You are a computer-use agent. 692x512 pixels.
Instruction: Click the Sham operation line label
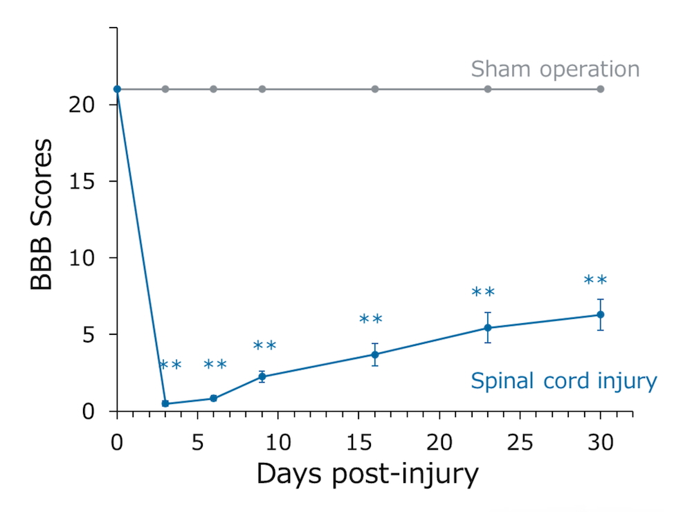pos(555,69)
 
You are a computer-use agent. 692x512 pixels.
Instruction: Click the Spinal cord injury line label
pos(563,381)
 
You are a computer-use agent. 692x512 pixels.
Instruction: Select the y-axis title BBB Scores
pos(42,214)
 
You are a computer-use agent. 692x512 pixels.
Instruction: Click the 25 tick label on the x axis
pos(520,440)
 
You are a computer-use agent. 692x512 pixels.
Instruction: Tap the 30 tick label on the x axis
pos(600,440)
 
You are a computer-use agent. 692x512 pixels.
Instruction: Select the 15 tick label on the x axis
pos(358,440)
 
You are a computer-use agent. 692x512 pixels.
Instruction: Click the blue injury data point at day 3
pos(165,403)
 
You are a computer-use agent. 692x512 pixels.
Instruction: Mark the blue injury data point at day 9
pos(262,376)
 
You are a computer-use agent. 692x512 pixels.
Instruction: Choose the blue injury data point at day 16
pos(375,354)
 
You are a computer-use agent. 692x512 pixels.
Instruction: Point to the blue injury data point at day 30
pos(601,315)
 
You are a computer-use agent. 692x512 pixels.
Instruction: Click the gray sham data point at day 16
pos(375,89)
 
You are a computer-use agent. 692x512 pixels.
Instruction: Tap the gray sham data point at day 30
pos(601,89)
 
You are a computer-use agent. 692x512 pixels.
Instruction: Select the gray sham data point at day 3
pos(165,89)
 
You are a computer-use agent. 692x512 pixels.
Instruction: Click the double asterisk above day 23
pos(483,292)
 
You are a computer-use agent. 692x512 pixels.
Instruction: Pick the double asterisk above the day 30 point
pos(595,280)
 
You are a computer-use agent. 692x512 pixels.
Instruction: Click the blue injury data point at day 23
pos(488,328)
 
